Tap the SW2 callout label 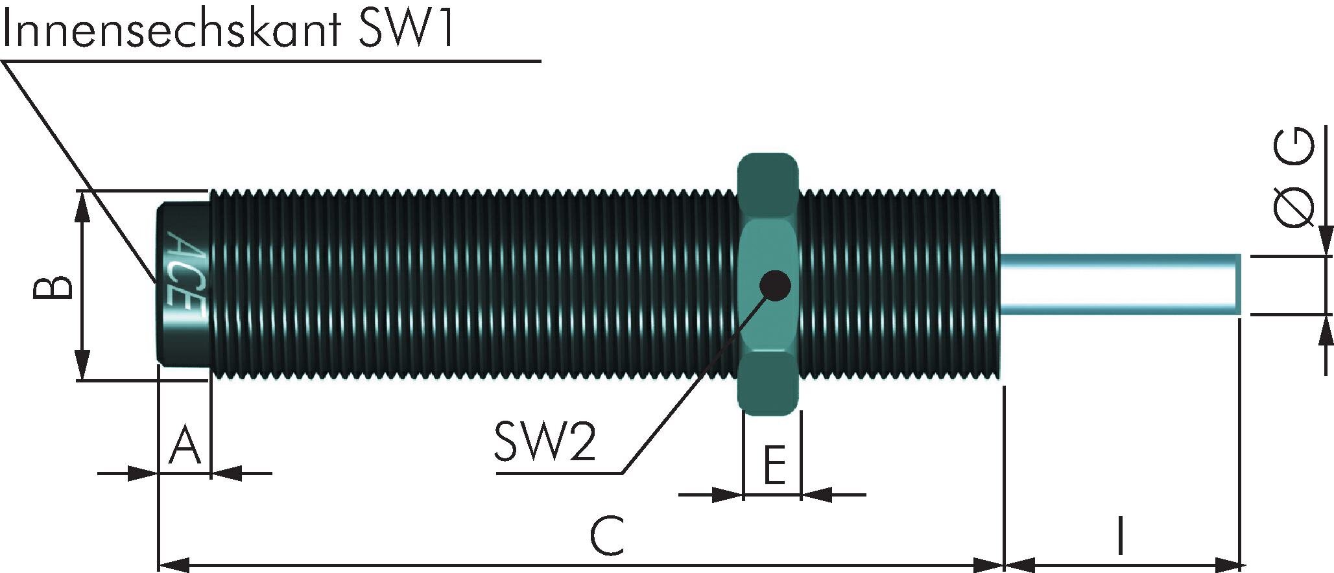[544, 441]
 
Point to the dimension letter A [184, 446]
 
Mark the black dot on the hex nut [774, 285]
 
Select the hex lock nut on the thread [768, 284]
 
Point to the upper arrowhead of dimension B [82, 204]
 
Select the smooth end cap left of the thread [184, 285]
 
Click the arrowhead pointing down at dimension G [1325, 242]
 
